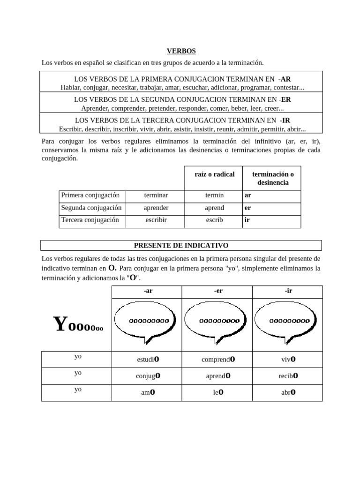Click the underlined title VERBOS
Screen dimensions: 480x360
pyautogui.click(x=181, y=51)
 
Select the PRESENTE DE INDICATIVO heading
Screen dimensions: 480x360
pyautogui.click(x=181, y=245)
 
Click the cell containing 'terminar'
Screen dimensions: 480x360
pyautogui.click(x=156, y=195)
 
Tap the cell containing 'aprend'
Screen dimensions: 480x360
pyautogui.click(x=214, y=208)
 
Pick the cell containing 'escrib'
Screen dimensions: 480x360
pyautogui.click(x=214, y=220)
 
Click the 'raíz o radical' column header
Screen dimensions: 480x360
pyautogui.click(x=214, y=174)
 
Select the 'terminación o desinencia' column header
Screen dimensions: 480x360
pyautogui.click(x=273, y=178)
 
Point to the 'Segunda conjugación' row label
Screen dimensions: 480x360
pyautogui.click(x=91, y=208)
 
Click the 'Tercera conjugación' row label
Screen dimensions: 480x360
pyautogui.click(x=90, y=220)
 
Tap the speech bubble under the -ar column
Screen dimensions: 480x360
pyautogui.click(x=148, y=321)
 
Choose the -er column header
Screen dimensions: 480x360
pyautogui.click(x=218, y=291)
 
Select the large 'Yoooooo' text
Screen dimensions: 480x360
pyautogui.click(x=78, y=324)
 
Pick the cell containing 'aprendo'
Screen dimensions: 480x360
pyautogui.click(x=218, y=376)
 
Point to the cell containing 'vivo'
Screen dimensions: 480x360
pyautogui.click(x=288, y=360)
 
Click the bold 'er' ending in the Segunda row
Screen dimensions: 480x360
pyautogui.click(x=247, y=208)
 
